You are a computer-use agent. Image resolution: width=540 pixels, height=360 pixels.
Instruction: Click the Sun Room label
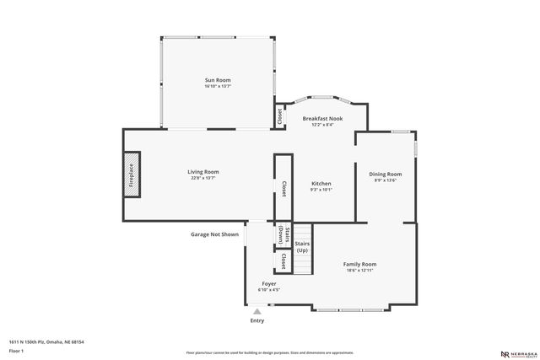(217, 80)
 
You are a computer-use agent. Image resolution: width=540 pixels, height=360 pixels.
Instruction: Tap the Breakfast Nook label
(323, 119)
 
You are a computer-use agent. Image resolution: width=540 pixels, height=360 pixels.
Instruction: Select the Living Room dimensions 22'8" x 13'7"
(202, 178)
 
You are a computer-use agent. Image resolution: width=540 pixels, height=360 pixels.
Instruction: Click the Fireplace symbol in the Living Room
(132, 175)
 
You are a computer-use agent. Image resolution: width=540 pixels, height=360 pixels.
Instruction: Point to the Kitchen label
(321, 183)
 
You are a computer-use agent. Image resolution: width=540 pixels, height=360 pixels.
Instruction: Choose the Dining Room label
(385, 174)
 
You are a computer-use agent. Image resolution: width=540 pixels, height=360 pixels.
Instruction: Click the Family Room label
(359, 264)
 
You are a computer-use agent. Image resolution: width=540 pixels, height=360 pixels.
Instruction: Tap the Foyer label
(268, 283)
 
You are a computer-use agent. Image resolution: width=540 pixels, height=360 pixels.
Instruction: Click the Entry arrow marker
(256, 310)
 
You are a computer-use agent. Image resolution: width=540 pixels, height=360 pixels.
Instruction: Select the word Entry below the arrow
(256, 320)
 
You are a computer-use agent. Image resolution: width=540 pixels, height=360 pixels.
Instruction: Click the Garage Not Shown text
(214, 234)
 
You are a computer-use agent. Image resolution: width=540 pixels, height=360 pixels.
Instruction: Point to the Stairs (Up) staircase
(301, 248)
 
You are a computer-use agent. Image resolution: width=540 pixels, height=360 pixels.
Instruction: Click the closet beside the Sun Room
(279, 116)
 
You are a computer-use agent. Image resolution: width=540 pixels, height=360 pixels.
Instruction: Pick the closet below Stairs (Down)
(283, 261)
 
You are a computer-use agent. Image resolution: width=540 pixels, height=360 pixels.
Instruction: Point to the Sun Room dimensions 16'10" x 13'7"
(217, 87)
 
